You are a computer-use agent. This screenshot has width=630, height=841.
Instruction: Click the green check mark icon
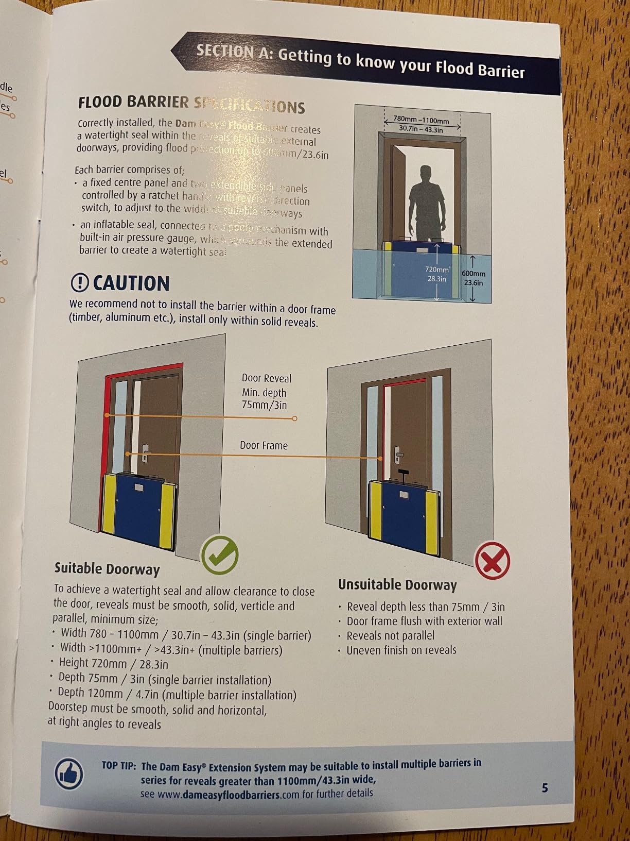(220, 555)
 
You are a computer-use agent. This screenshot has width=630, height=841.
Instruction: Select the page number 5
(545, 787)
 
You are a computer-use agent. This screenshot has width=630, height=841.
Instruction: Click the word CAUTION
(131, 283)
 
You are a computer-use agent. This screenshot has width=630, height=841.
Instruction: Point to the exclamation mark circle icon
(80, 282)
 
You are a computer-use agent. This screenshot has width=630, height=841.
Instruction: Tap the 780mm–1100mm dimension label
(421, 124)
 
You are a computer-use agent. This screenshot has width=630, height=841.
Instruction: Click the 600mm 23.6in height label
(473, 278)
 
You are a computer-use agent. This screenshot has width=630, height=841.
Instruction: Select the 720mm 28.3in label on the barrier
(437, 274)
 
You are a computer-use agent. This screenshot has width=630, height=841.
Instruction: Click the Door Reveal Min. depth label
(266, 392)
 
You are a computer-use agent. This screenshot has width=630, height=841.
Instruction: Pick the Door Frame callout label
(264, 445)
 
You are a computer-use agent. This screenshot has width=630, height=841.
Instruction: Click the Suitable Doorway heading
(107, 569)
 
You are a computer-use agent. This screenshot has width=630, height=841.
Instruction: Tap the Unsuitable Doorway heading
(397, 585)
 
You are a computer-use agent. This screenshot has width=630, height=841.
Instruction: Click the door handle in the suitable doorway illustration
(146, 453)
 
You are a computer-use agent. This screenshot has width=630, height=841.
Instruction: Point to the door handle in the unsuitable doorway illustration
(398, 455)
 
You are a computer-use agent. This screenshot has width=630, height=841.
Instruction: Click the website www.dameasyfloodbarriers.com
(227, 794)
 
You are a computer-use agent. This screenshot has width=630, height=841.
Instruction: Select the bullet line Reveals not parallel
(390, 635)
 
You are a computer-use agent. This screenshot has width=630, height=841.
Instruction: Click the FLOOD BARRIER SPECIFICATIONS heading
(191, 104)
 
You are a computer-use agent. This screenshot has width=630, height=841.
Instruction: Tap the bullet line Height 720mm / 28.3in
(113, 663)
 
